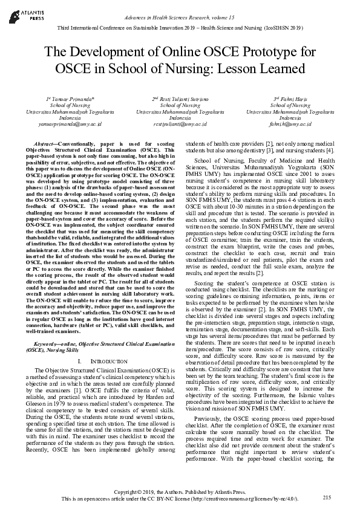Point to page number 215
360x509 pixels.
328,497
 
